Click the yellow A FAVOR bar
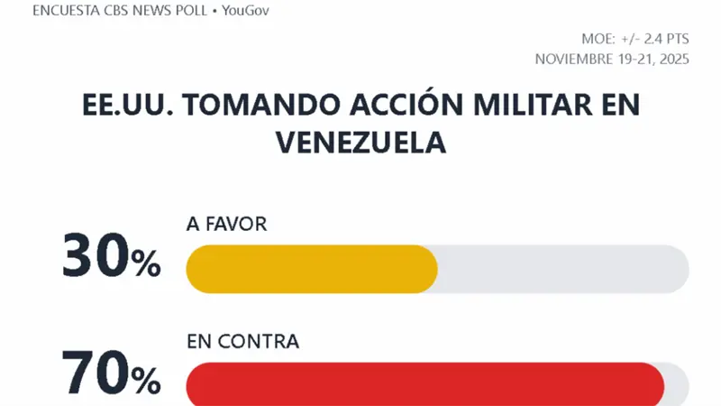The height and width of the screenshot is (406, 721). click(x=311, y=269)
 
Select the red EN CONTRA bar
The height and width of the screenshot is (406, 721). click(x=424, y=385)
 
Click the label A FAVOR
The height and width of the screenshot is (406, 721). click(x=226, y=225)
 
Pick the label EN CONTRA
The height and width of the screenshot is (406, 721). click(x=242, y=341)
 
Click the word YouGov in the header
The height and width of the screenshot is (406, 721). click(x=245, y=11)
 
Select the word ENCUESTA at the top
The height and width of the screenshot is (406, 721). click(x=70, y=11)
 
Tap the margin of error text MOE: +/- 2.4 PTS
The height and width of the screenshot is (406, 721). click(x=634, y=39)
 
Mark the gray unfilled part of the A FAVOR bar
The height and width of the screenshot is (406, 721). click(x=562, y=269)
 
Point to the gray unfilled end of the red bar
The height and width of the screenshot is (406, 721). click(x=677, y=385)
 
